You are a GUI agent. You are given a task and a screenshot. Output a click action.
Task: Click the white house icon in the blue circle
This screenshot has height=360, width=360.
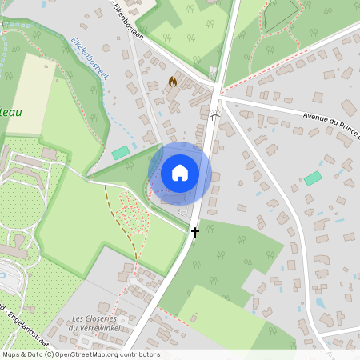180,172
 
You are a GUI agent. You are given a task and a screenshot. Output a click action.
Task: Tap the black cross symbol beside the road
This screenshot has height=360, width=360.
194,232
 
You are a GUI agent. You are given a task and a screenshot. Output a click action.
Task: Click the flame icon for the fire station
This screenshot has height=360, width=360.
173,82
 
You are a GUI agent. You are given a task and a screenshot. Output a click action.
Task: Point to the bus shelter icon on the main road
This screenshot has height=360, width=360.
214,115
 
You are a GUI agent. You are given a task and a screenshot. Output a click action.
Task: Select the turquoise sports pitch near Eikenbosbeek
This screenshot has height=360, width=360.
121,152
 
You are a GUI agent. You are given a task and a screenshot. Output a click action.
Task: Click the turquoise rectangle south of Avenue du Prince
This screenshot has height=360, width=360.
313,178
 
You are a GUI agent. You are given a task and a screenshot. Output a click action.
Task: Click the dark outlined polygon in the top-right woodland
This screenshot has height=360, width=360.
280,14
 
